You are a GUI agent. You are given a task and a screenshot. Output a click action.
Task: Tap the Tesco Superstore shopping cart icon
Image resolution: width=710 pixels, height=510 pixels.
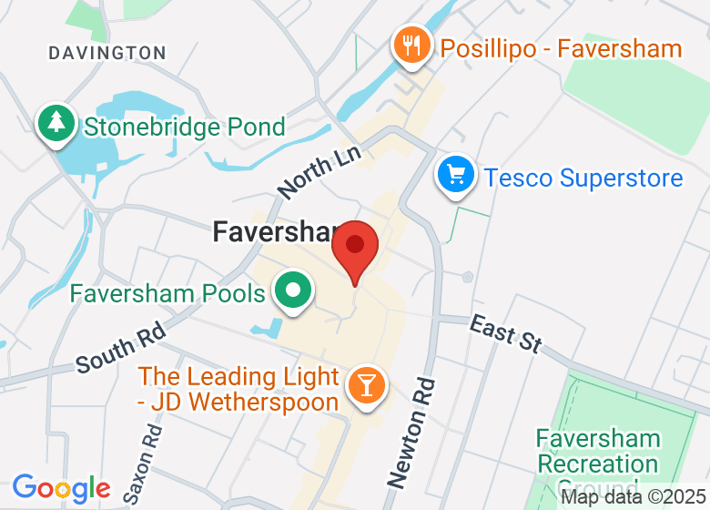point(455,174)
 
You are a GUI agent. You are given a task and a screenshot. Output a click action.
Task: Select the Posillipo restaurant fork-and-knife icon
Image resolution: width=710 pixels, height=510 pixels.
point(411,45)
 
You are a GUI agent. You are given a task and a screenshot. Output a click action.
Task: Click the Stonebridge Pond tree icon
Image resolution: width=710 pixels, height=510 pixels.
point(56,124)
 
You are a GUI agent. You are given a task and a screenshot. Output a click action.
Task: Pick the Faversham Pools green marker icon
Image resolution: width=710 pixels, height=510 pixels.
point(293,291)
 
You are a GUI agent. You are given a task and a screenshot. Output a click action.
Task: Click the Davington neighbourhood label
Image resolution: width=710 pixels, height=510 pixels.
point(107,53)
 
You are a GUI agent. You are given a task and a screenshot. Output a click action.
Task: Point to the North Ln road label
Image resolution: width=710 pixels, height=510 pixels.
point(320,168)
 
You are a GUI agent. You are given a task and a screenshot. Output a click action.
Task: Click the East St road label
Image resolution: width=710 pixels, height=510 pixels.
point(505,333)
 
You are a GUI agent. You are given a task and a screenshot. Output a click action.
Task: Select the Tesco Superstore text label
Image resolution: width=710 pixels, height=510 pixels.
point(583,177)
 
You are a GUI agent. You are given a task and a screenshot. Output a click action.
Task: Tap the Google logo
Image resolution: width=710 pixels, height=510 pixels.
point(61,489)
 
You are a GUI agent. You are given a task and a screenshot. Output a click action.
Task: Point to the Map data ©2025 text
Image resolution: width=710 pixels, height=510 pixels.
point(634,497)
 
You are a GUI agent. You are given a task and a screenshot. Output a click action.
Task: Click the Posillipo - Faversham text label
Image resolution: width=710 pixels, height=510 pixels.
point(561,47)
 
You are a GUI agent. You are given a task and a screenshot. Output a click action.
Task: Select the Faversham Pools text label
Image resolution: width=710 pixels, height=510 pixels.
point(167,293)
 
